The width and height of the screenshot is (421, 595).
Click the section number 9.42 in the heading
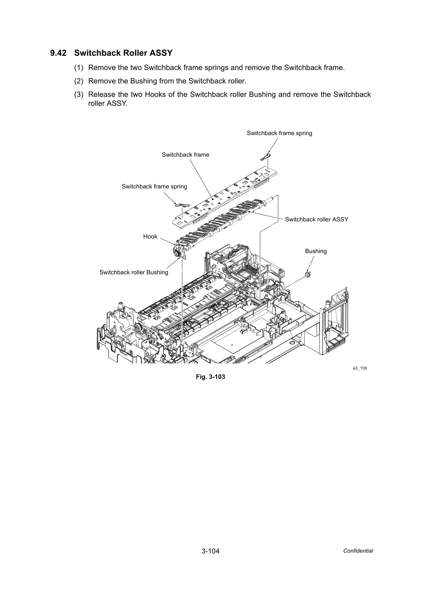[58, 53]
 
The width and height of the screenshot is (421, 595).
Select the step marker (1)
[79, 68]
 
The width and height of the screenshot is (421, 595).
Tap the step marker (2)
[79, 81]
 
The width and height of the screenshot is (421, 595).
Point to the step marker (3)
[79, 94]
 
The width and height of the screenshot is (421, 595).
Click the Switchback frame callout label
[185, 155]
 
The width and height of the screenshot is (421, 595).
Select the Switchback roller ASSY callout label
[317, 219]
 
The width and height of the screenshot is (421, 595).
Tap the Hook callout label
[150, 236]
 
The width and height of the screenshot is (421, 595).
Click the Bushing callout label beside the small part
[316, 251]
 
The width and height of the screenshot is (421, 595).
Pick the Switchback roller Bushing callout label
[134, 272]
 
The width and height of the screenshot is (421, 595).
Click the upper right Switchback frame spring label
[279, 133]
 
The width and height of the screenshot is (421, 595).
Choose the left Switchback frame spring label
[154, 186]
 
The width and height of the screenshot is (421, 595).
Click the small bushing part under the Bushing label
[308, 274]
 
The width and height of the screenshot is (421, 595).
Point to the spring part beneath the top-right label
[265, 157]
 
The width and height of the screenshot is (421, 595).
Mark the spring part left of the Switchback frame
[182, 205]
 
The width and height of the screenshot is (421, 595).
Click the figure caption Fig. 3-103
[210, 376]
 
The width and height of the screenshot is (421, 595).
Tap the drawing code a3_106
[359, 368]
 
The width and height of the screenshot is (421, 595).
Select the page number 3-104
[210, 551]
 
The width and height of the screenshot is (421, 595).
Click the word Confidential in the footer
[358, 551]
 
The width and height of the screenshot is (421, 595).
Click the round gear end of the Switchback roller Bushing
[176, 253]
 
